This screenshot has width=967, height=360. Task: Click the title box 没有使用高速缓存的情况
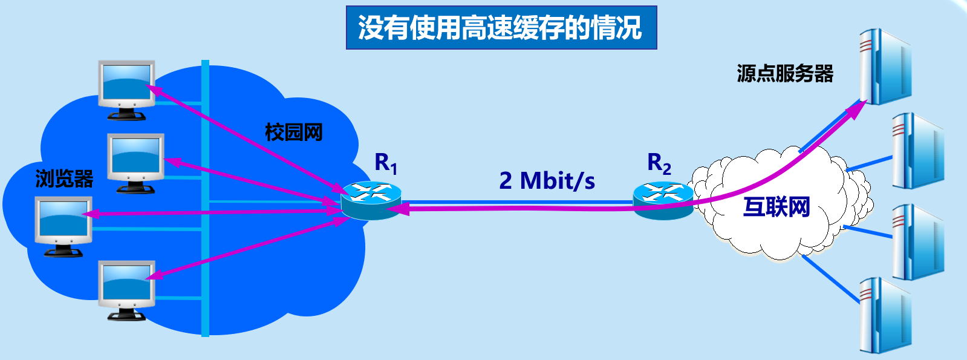[x=501, y=28]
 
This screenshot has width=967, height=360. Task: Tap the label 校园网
[x=294, y=132]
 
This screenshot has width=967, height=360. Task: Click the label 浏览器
[x=64, y=178]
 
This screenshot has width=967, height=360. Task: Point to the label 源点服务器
[x=784, y=74]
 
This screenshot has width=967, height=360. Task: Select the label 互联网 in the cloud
[x=777, y=207]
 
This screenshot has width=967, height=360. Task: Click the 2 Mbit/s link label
[x=547, y=180]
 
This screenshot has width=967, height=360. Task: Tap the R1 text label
[x=386, y=163]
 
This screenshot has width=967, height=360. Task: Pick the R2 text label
[x=659, y=163]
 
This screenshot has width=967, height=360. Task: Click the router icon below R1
[x=371, y=200]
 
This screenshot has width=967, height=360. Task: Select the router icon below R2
[x=663, y=200]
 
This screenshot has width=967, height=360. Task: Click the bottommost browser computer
[x=127, y=290]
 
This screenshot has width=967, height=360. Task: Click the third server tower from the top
[x=917, y=241]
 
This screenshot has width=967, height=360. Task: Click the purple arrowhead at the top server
[x=858, y=108]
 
